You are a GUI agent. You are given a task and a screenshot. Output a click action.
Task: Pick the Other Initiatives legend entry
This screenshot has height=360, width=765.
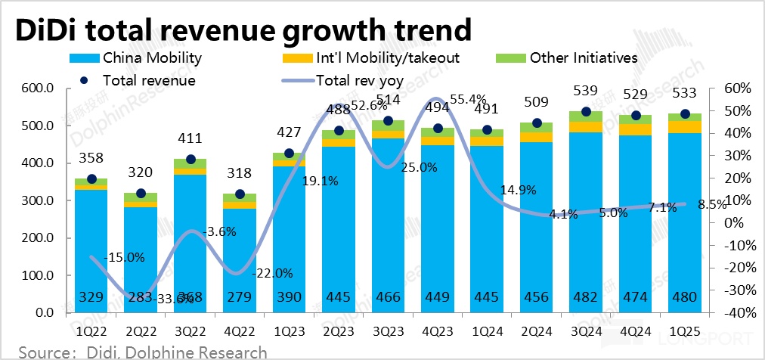pyautogui.click(x=584, y=57)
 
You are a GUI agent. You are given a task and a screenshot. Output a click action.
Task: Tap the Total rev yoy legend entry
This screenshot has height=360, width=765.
pyautogui.click(x=360, y=79)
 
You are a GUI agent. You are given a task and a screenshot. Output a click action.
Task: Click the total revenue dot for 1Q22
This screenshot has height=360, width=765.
pyautogui.click(x=91, y=179)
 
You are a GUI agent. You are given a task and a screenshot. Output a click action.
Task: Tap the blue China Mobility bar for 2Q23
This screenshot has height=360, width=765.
pyautogui.click(x=339, y=227)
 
